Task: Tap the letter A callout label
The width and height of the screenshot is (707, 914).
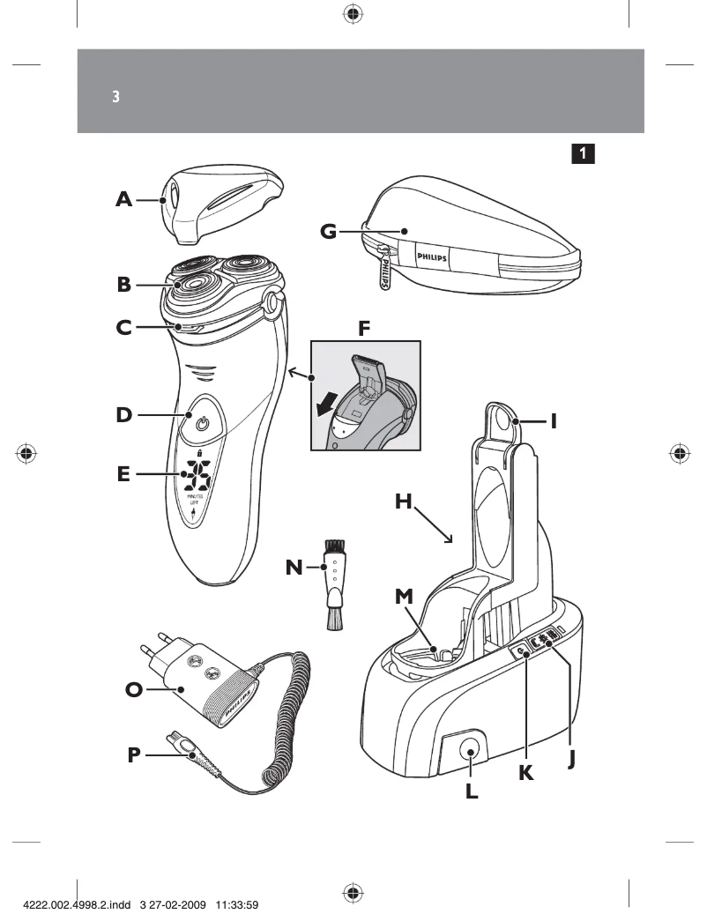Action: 124,200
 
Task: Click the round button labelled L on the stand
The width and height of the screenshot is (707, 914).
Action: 470,752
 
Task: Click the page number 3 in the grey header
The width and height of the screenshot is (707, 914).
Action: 115,96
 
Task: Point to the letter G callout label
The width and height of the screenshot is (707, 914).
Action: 328,232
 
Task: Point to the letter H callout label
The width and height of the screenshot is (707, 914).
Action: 404,502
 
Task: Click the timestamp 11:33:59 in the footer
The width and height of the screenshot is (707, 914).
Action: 229,903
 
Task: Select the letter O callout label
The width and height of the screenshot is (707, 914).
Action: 133,690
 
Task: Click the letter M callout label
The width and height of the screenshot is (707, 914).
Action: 404,597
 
